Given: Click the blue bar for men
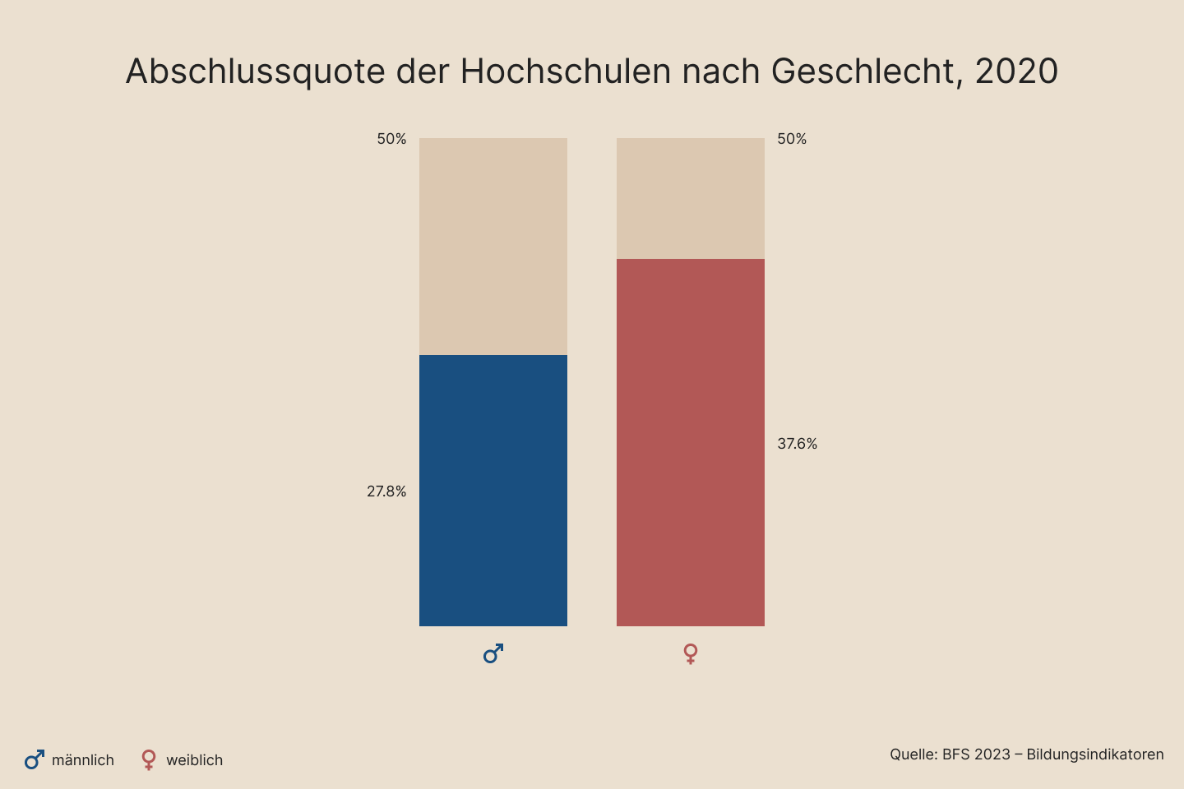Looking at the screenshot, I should [493, 491].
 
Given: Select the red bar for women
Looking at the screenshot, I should [691, 442].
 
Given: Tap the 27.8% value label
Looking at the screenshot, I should [386, 491].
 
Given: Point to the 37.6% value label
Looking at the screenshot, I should [798, 444].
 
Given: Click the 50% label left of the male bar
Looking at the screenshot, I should [391, 139].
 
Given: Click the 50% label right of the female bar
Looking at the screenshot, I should [792, 139].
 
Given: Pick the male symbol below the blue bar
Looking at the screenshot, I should [493, 654].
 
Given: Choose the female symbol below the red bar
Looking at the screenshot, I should [691, 654].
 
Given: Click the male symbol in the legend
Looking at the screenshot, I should [35, 759].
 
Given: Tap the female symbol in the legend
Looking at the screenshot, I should [149, 759].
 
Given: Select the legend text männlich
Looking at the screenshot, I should [83, 760].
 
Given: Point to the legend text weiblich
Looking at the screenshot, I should [194, 760].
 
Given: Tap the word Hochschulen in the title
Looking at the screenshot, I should [566, 72].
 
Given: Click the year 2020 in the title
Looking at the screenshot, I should [1016, 72].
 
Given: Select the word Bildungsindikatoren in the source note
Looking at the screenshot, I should [1095, 754].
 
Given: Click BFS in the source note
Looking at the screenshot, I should [956, 754].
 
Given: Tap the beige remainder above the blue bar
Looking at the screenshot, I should [493, 247].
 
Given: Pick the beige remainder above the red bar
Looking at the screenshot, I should [691, 198].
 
